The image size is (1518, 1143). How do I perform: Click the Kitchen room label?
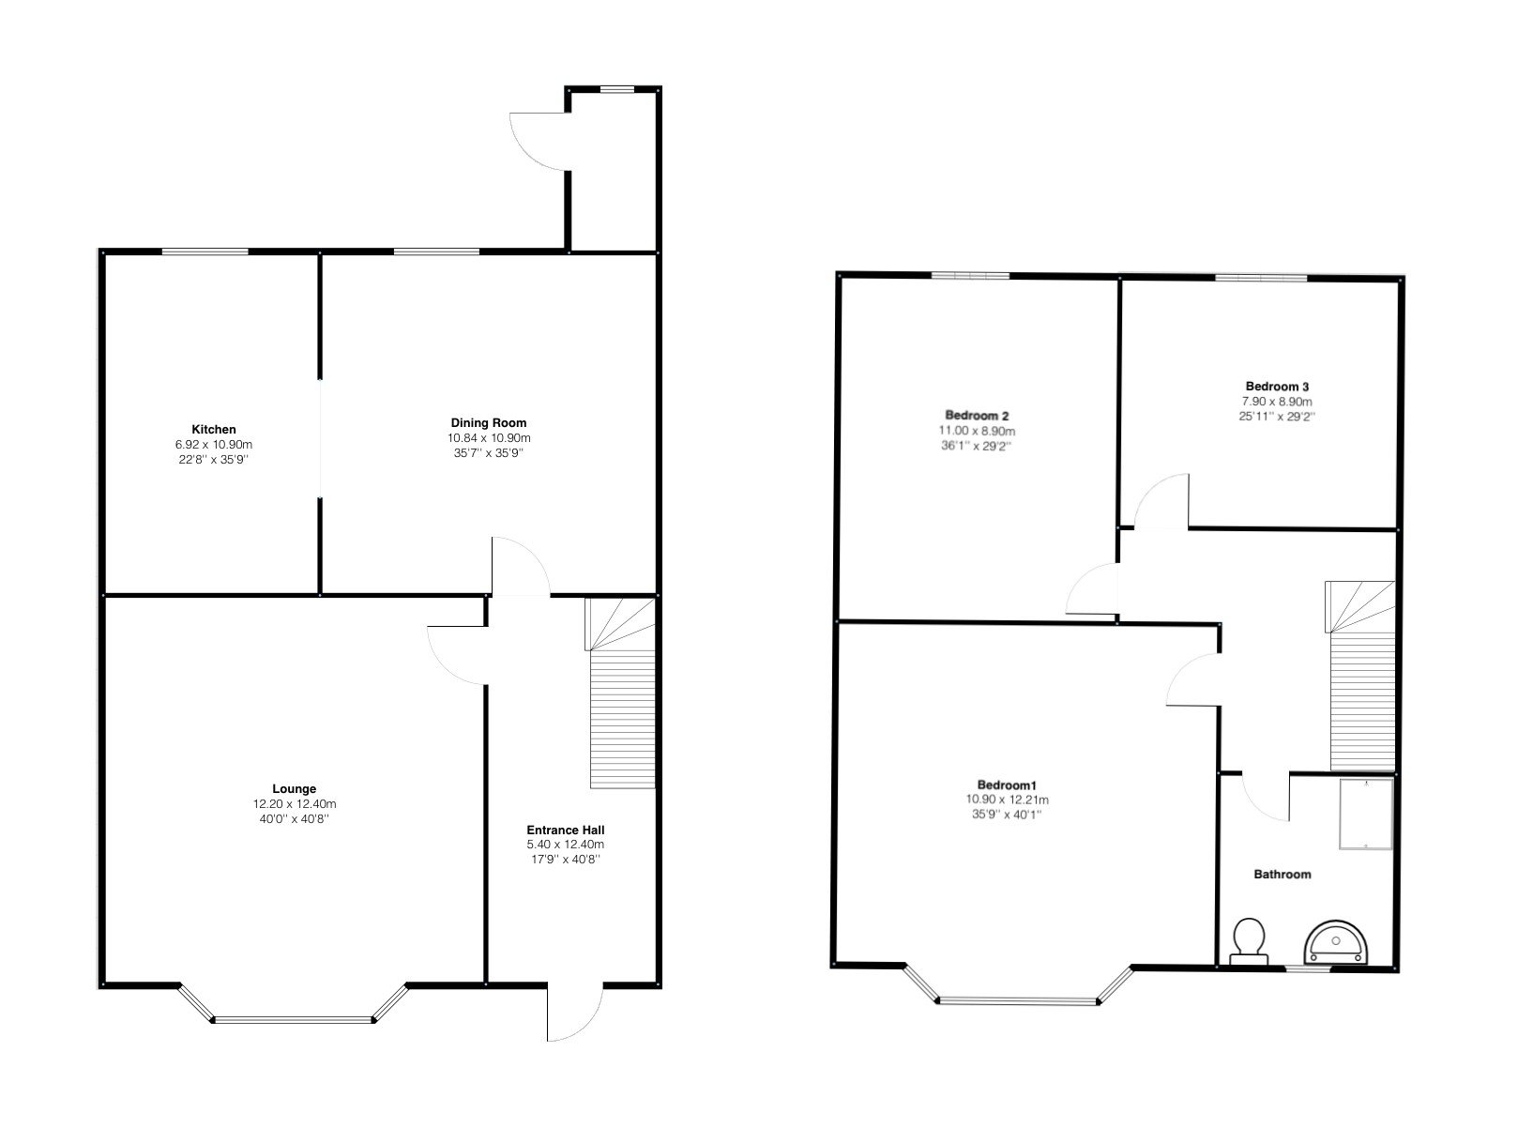tap(214, 430)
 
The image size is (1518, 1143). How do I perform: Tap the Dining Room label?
tap(488, 422)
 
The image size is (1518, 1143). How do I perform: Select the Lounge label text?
tap(294, 788)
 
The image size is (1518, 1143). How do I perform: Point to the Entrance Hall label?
tap(565, 830)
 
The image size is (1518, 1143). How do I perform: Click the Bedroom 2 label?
tap(977, 416)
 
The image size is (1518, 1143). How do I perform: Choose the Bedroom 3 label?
tap(1277, 387)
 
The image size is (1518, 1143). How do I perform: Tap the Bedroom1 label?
tap(1007, 785)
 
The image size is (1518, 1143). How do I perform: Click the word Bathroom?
tap(1283, 874)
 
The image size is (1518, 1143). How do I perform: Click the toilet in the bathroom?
tap(1249, 940)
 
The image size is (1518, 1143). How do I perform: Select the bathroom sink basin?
tap(1335, 943)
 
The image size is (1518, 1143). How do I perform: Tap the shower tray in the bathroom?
tap(1366, 814)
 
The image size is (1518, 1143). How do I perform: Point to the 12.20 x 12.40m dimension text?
tap(294, 804)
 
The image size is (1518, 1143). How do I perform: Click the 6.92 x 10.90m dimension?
tap(214, 445)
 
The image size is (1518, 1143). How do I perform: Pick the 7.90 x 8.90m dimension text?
tap(1277, 402)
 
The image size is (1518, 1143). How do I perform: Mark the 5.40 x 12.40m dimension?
tap(565, 845)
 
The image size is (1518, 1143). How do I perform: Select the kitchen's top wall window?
tap(205, 251)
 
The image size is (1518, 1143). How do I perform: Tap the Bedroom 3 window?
tap(1262, 278)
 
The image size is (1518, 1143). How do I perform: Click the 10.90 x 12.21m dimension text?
tap(1007, 800)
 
